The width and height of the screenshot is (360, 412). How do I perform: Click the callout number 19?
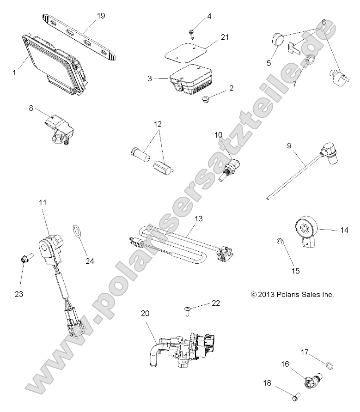click(101, 16)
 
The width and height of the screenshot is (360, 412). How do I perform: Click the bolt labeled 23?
click(24, 262)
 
